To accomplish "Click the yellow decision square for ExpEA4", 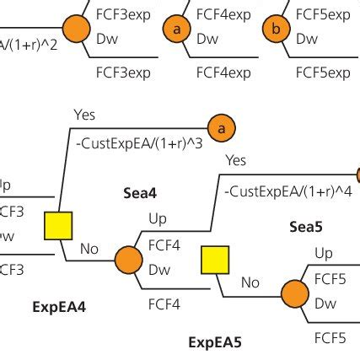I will click(58, 225).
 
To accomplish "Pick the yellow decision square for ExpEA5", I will click(214, 262).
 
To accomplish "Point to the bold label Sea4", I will click(141, 193).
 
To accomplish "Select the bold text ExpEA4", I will click(57, 308).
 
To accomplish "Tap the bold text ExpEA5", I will click(214, 342).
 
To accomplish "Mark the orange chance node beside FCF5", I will click(294, 293).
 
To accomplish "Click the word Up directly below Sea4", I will click(158, 219).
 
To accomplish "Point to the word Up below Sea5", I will click(324, 253).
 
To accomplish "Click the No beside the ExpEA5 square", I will click(250, 283).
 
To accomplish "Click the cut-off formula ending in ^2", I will click(29, 44).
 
